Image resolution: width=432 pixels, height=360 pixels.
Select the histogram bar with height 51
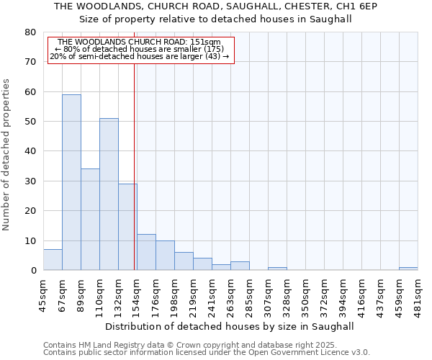[x=109, y=194]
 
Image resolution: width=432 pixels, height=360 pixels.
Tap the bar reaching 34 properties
[x=90, y=220]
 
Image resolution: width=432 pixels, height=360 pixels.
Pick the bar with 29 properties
[x=127, y=227]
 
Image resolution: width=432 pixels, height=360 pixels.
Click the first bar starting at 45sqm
[x=53, y=260]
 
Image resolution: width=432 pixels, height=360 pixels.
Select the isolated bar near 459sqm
[x=408, y=269]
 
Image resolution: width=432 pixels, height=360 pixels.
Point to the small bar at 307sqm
[x=277, y=269]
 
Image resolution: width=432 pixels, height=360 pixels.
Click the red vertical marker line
[x=135, y=166]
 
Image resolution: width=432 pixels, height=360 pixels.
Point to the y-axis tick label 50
[x=30, y=122]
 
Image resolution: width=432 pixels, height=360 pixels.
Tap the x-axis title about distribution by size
[x=230, y=326]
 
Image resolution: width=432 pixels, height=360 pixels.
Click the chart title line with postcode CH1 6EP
[x=215, y=6]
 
